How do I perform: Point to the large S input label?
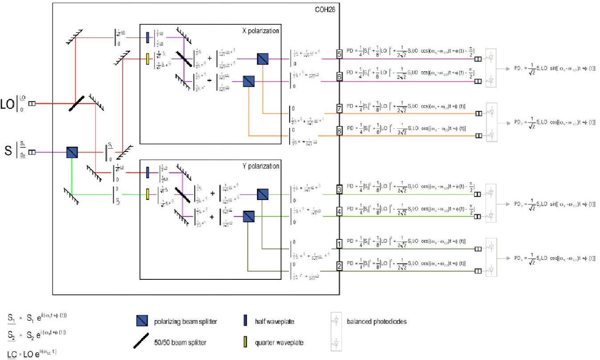click(8, 152)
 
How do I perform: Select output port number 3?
click(339, 190)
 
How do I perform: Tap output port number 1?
click(339, 244)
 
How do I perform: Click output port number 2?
click(339, 266)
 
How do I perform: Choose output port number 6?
click(339, 77)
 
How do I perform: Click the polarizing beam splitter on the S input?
click(72, 152)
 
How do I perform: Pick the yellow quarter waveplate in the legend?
click(246, 342)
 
